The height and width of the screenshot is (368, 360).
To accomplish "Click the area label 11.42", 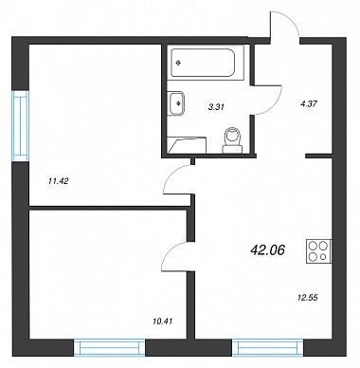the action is pos(59,181).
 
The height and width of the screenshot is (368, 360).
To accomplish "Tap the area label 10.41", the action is pos(162,322).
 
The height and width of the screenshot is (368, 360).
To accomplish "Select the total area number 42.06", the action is pos(267,250).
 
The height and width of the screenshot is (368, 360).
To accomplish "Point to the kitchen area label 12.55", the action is pos(307,297).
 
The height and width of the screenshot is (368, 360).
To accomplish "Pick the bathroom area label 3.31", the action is pos(216,107).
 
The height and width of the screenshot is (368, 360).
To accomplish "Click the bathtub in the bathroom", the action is pos(203,63).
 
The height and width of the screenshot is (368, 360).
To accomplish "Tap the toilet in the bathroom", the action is pos(233,140).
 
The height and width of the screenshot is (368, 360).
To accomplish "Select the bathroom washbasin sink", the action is pos(176,103).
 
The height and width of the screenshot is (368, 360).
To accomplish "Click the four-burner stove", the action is pos(319,250).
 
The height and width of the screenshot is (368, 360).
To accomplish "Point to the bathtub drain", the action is pos(179,63).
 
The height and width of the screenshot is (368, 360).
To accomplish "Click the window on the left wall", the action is pos(21,126).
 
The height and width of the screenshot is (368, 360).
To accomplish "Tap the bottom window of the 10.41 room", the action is pos(110,348).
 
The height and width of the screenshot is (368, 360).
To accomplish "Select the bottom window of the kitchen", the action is pos(268,348).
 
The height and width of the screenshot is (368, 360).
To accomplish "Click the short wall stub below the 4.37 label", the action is pos(318,156).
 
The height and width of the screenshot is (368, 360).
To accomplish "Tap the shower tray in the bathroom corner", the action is pos(187,145).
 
